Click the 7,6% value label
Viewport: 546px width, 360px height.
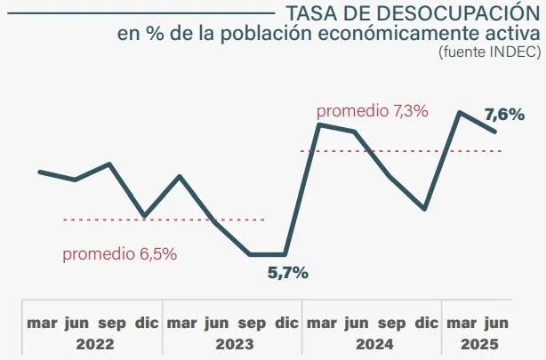502,114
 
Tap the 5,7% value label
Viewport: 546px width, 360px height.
288,273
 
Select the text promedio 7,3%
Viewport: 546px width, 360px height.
373,111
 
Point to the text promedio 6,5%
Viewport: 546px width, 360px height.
119,253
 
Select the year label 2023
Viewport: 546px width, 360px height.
233,343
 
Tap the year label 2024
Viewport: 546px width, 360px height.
373,343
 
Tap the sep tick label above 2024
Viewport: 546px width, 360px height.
391,323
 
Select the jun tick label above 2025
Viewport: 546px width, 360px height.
495,323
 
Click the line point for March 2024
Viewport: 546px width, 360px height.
320,124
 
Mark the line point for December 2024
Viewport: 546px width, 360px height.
426,209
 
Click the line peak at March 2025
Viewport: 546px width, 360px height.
460,113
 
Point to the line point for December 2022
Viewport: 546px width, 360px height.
145,216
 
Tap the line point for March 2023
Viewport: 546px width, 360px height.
181,176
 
